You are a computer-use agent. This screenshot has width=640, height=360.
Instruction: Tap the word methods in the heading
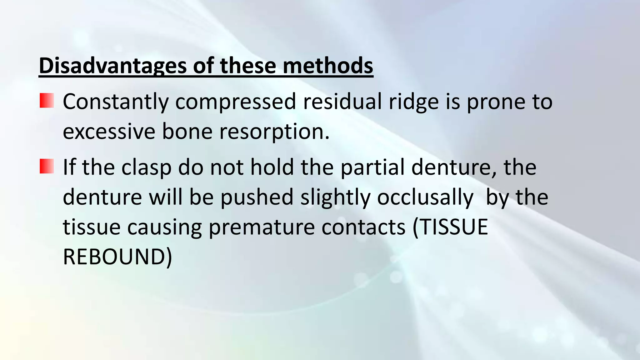tap(328, 66)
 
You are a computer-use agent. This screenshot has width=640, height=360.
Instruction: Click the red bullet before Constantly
tap(47, 100)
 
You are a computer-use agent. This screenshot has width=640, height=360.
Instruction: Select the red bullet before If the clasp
tap(47, 166)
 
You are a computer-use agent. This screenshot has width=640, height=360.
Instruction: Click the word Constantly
tap(116, 102)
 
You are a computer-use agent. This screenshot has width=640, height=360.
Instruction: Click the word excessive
tap(109, 132)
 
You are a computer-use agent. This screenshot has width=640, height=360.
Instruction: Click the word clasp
tap(146, 167)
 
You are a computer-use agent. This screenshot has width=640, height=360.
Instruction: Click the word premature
tap(261, 227)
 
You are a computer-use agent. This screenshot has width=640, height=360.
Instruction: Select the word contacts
tap(363, 227)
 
